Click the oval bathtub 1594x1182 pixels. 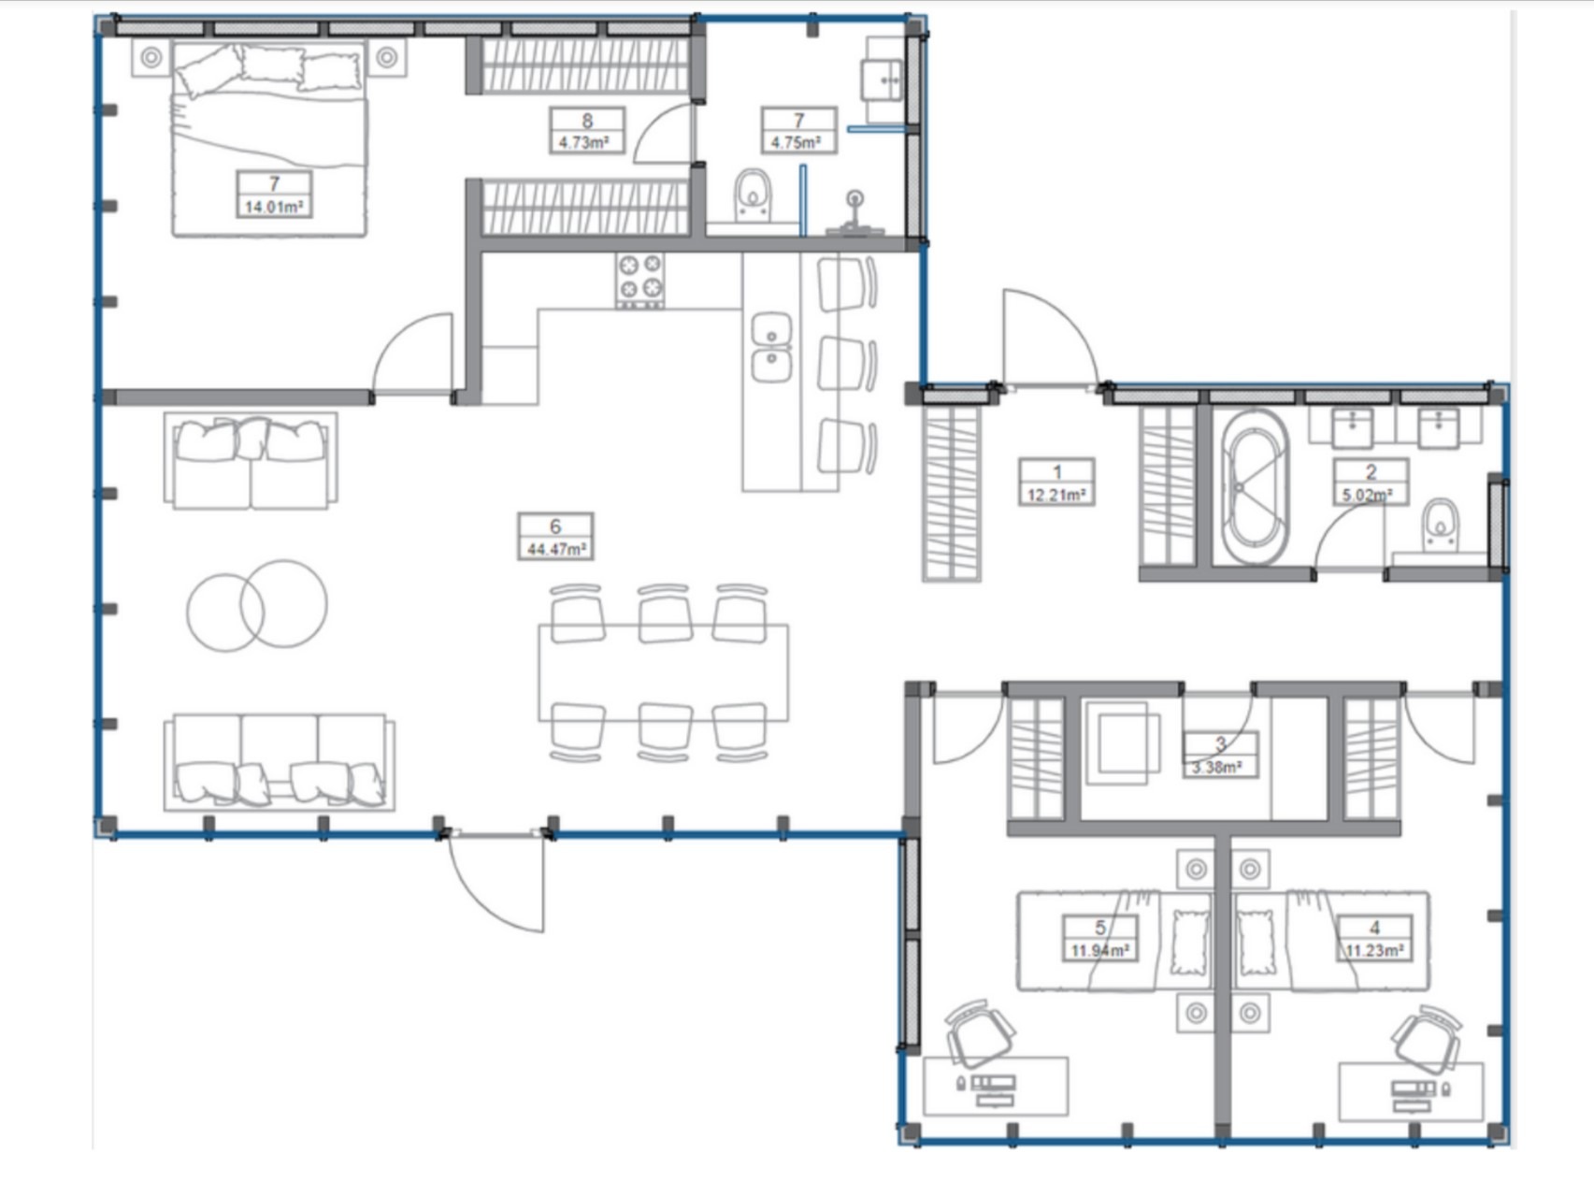(1251, 486)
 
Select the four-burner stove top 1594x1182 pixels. (640, 281)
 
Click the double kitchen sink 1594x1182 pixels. (772, 347)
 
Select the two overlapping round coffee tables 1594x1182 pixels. (257, 606)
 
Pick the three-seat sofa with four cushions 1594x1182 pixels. (279, 762)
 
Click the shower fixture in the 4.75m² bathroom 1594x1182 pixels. (854, 215)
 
